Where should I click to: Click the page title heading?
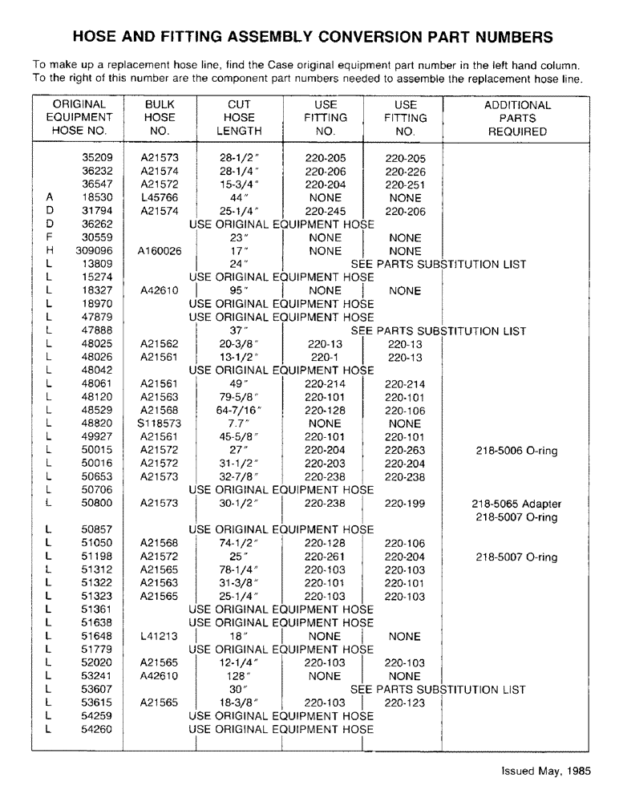(313, 37)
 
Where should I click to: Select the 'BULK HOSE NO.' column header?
(160, 118)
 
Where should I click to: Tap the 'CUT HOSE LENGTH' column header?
(239, 118)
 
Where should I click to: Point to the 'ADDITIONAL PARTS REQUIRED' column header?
(517, 118)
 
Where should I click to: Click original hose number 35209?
(97, 158)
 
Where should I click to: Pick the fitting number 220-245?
(325, 211)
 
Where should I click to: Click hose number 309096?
(94, 251)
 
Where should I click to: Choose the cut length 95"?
(237, 291)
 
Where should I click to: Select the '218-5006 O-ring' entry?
(516, 451)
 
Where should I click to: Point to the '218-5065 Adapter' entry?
(516, 504)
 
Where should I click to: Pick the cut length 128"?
(237, 676)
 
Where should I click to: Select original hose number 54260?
(97, 729)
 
